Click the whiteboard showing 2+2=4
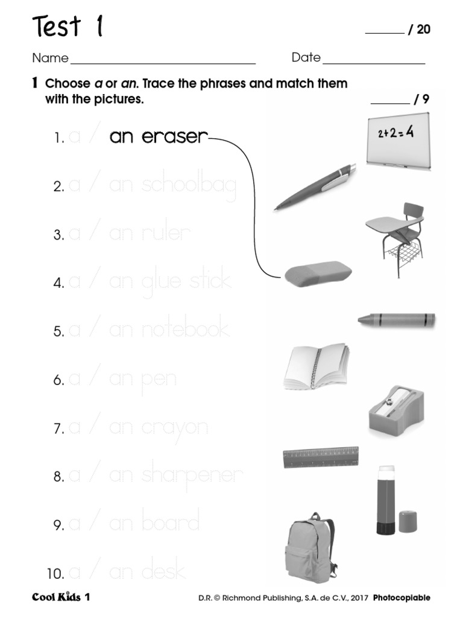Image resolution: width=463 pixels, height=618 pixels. (x=399, y=142)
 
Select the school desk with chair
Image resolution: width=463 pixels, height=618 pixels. (x=395, y=238)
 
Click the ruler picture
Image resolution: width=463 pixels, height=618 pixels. (x=321, y=457)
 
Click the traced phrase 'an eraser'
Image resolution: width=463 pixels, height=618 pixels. (x=158, y=137)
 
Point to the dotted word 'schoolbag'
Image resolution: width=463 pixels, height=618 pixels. (x=189, y=186)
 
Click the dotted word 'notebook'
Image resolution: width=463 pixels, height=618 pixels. (x=185, y=330)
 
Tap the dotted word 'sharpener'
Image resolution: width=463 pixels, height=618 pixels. (x=192, y=475)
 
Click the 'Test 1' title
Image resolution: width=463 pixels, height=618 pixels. (x=67, y=27)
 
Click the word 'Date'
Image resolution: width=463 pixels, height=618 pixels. (x=306, y=58)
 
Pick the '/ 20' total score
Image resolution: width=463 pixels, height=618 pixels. (x=420, y=30)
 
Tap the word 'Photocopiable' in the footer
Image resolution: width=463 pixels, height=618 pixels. (x=402, y=598)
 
